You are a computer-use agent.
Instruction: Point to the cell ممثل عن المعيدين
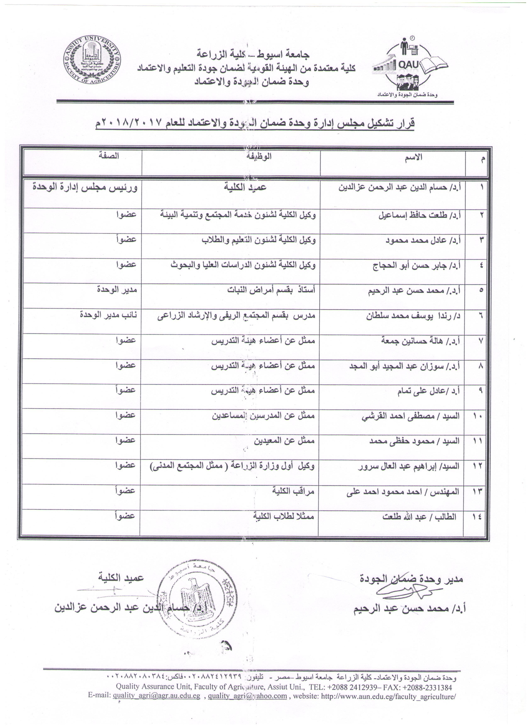[x=284, y=441]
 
